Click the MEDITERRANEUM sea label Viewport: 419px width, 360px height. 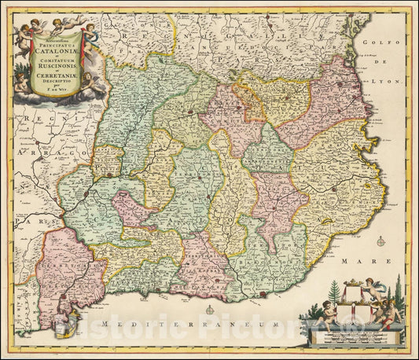tap(209, 322)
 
